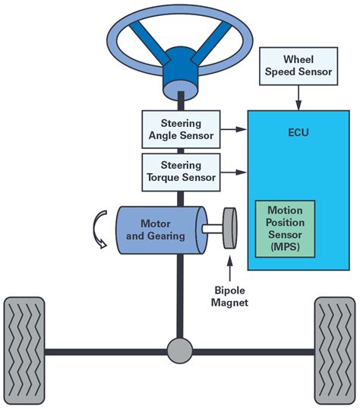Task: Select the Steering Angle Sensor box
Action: (x=180, y=128)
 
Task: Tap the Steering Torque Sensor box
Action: (x=180, y=171)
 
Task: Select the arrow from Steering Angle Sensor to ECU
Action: (x=236, y=129)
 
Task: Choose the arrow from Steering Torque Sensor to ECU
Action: (x=236, y=172)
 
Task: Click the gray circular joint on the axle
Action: (x=180, y=351)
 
